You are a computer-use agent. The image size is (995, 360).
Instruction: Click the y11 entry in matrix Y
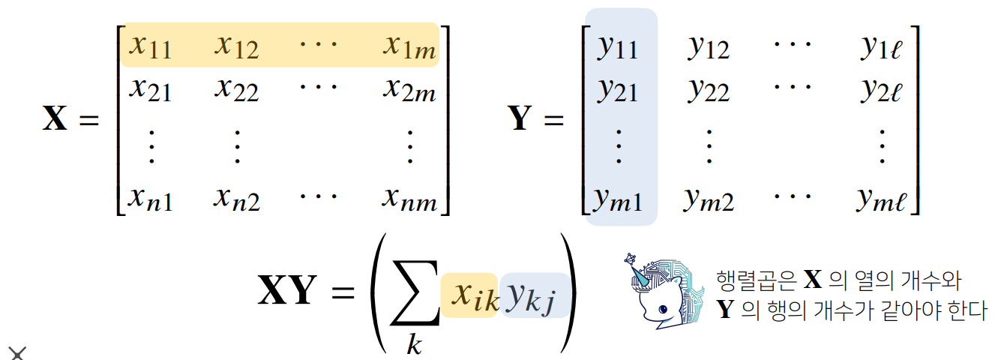pyautogui.click(x=618, y=47)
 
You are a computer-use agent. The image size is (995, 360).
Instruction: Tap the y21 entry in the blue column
pyautogui.click(x=618, y=91)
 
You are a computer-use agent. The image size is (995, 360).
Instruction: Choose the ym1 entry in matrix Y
pyautogui.click(x=618, y=199)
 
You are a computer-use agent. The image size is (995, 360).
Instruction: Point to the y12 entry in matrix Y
pyautogui.click(x=709, y=47)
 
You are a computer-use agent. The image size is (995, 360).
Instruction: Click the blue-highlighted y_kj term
pyautogui.click(x=534, y=295)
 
